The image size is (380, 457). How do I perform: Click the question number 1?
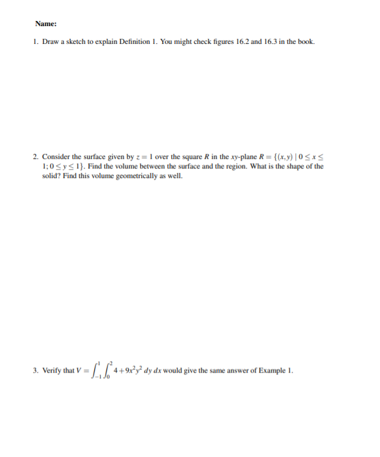pyautogui.click(x=36, y=42)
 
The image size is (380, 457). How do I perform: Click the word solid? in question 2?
pyautogui.click(x=51, y=176)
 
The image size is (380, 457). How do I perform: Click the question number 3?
pyautogui.click(x=36, y=371)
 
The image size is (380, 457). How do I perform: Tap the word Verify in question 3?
pyautogui.click(x=52, y=371)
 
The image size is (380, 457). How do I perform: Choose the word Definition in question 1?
pyautogui.click(x=133, y=42)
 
